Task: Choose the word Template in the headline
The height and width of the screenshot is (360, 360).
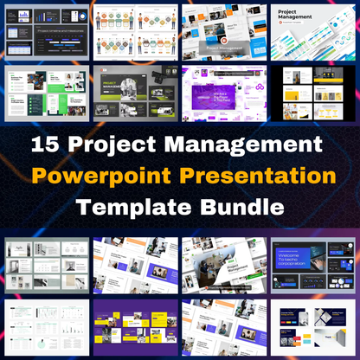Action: [x=134, y=208]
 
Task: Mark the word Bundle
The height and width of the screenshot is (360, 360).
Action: [x=241, y=208]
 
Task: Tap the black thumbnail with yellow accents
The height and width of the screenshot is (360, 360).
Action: [x=314, y=90]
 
